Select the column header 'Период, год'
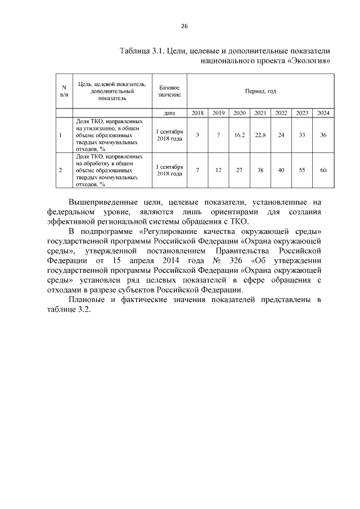[260, 91]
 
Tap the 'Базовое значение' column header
[169, 91]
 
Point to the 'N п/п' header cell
[64, 91]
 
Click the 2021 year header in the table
[260, 113]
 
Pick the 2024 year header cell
[323, 113]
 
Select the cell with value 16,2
[239, 135]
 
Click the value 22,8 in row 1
[260, 135]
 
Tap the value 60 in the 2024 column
[323, 169]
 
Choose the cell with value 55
[302, 169]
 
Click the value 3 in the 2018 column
[197, 135]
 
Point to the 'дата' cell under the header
[169, 113]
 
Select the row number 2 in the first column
[60, 169]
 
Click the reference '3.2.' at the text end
[83, 310]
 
